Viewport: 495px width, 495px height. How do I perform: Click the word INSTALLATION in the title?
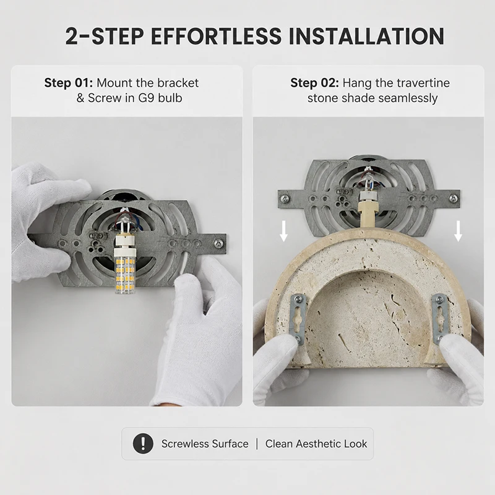366,36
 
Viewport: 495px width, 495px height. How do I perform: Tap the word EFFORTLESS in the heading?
216,36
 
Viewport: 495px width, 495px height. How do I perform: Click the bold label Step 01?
69,83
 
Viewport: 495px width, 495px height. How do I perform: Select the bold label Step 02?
315,83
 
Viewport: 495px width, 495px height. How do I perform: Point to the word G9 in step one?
147,98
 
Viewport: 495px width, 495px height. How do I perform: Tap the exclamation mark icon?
143,444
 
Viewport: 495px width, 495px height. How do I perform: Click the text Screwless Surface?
205,444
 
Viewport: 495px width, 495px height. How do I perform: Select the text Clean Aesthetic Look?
316,444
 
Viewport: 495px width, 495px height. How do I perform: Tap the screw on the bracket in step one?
218,243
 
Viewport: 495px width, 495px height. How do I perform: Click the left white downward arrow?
284,231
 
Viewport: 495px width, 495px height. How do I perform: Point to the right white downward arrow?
458,231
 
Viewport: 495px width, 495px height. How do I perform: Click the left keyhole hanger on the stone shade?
298,319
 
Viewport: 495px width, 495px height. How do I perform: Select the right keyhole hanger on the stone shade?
440,319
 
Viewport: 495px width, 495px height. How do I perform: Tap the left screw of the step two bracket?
285,199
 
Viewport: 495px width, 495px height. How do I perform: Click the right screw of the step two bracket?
454,198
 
